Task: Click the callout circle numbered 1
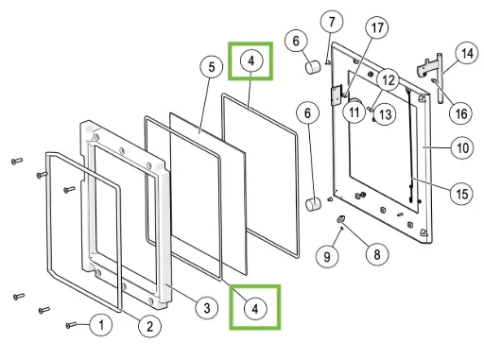101,325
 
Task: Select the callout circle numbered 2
149,326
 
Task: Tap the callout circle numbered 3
207,308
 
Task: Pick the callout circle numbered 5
212,67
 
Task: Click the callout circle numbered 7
332,22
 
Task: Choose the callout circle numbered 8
377,254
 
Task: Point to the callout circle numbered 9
327,256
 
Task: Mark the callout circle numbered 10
462,147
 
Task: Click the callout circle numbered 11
354,111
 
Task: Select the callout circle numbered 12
389,80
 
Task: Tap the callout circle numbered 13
386,114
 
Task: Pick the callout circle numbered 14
467,53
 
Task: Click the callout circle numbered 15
462,194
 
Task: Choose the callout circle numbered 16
461,113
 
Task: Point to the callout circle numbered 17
377,27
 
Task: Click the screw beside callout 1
71,325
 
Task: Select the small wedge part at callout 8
340,218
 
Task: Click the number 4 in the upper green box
251,60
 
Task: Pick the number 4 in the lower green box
255,309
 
